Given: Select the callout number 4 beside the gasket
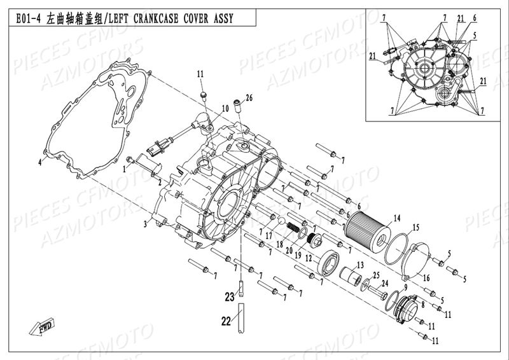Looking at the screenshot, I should [x=39, y=163].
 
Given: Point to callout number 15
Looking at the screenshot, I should [x=415, y=227].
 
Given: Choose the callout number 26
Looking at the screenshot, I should [x=249, y=97].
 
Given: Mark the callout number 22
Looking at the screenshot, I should [x=224, y=322].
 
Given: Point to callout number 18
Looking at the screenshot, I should [x=261, y=243].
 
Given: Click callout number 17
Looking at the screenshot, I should [x=268, y=234].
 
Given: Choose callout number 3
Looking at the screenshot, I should [x=146, y=224].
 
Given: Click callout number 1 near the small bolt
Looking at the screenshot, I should [x=125, y=169].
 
